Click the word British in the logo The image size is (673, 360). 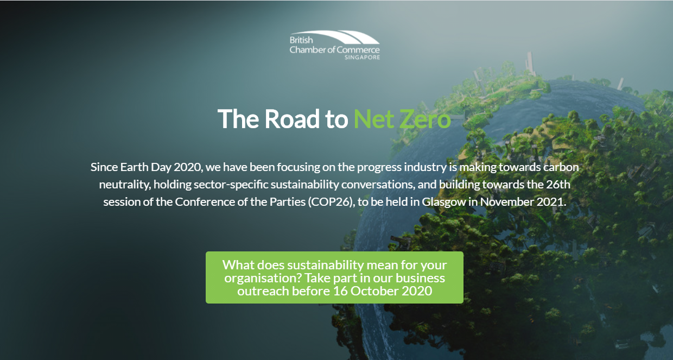(301, 41)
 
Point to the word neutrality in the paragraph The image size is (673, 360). (124, 184)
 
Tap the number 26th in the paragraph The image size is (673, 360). (557, 184)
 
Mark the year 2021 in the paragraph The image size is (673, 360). (552, 201)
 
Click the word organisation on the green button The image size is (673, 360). (262, 278)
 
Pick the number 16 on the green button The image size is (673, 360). (340, 291)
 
